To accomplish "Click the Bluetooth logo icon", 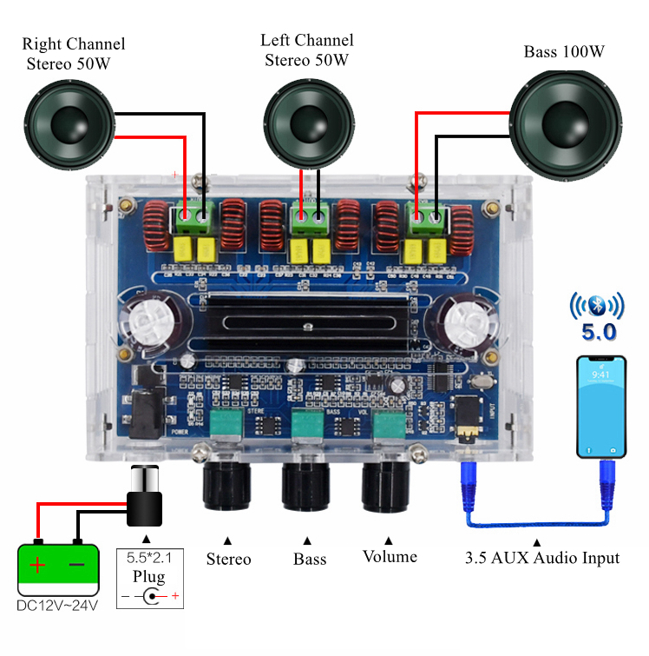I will click(596, 307).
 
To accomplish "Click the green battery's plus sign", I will click(38, 565).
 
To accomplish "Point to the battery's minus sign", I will click(77, 565).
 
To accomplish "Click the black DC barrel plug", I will click(144, 499).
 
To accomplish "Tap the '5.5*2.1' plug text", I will click(149, 558).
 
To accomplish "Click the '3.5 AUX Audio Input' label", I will click(542, 558).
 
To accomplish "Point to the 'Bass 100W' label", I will click(563, 52).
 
